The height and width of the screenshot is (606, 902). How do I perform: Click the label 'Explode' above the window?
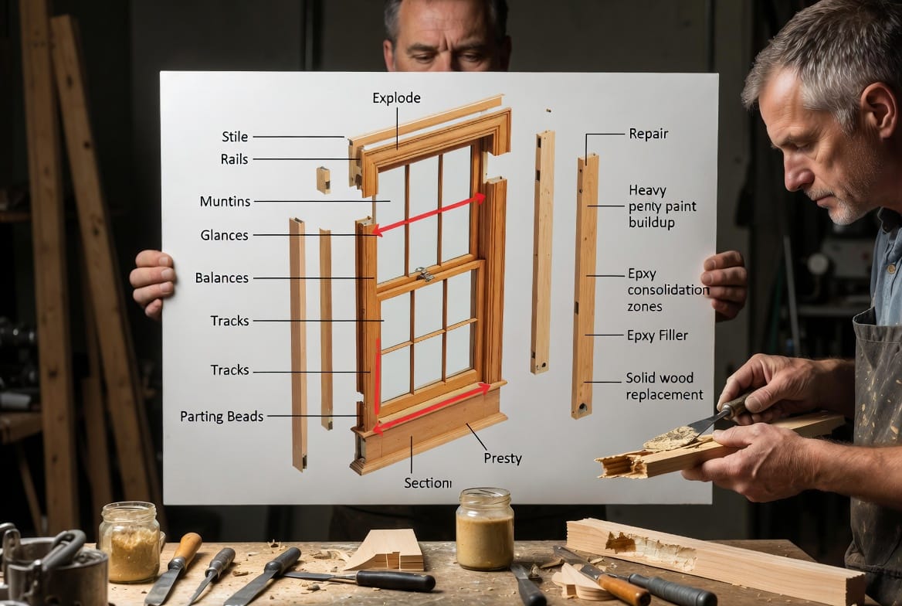(x=396, y=98)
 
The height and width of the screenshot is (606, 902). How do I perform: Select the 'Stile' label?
(x=235, y=137)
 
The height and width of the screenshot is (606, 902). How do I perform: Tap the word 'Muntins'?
(x=225, y=201)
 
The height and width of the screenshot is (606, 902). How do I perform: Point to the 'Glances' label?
(x=225, y=235)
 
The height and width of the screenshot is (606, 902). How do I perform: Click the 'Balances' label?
(x=222, y=277)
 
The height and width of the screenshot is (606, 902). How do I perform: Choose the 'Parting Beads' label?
(x=222, y=416)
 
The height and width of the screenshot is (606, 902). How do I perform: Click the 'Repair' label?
(x=649, y=134)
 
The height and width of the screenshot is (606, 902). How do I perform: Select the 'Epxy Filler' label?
(x=657, y=335)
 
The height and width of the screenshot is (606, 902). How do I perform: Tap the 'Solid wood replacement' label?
(x=664, y=386)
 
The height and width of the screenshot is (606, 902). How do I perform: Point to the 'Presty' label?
(x=502, y=458)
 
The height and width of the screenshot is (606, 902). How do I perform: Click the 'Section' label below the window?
(x=427, y=483)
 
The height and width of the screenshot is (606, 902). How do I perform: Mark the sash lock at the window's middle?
(x=425, y=274)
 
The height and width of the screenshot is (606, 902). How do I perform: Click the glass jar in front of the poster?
(x=485, y=529)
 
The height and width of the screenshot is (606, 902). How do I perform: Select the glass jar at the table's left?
(x=130, y=542)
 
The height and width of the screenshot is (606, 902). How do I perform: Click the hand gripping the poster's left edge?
(x=152, y=282)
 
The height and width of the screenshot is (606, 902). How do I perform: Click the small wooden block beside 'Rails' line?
(x=324, y=179)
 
